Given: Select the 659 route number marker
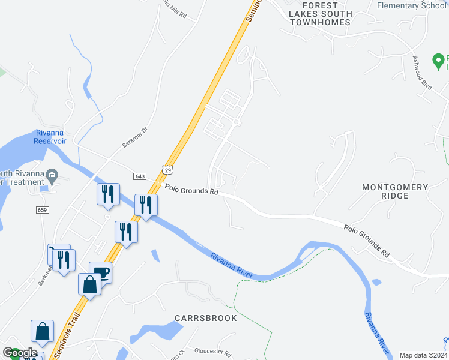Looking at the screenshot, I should (x=42, y=209).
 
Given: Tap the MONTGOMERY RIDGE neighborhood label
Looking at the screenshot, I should (x=395, y=192).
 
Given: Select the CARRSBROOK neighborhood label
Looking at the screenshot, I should (x=205, y=317).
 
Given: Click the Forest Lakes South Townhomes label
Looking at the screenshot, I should (x=319, y=17).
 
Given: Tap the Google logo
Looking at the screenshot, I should (x=20, y=353).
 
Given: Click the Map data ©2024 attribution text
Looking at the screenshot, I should (x=423, y=355).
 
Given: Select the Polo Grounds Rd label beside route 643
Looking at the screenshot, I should (x=191, y=190).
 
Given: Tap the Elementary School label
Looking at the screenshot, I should (x=412, y=5).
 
